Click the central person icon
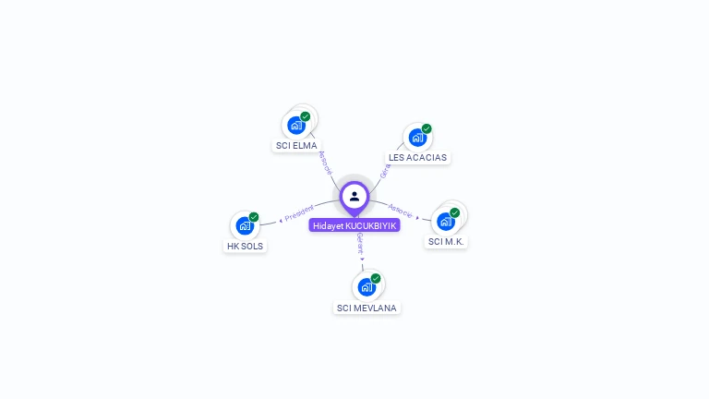[x=354, y=196]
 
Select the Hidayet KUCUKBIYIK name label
[x=354, y=225]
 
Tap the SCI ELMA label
[x=296, y=146]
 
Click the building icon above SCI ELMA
[x=296, y=125]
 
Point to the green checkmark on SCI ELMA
[x=306, y=116]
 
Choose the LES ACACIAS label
[x=417, y=158]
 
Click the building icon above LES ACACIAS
[x=417, y=137]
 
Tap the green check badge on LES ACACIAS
[x=427, y=128]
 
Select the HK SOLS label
[x=245, y=247]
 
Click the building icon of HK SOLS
[x=245, y=225]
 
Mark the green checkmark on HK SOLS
[x=254, y=217]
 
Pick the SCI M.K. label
[x=447, y=242]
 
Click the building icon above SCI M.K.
[x=446, y=221]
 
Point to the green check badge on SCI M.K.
[x=455, y=212]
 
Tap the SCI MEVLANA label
[x=367, y=308]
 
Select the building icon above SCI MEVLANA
[x=367, y=286]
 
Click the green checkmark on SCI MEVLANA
[x=376, y=278]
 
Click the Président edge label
[x=299, y=213]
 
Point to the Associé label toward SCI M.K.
[x=400, y=211]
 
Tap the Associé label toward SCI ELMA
[x=325, y=163]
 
